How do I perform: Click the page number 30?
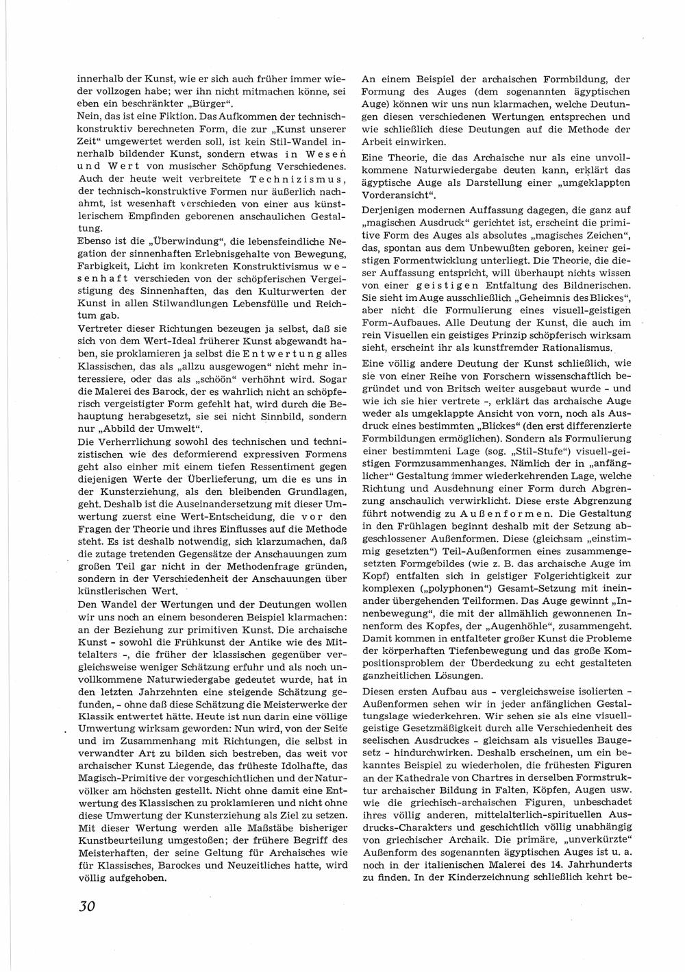tap(86, 906)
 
